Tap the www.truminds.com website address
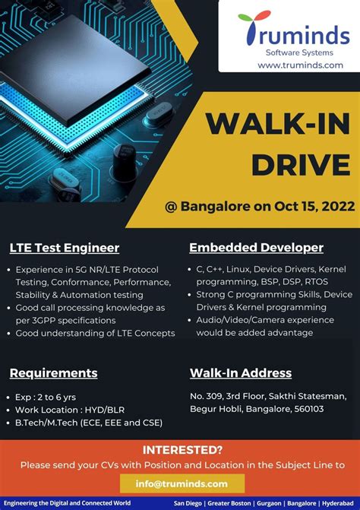[x=300, y=65]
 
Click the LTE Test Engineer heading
[x=64, y=248]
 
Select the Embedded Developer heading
[x=256, y=248]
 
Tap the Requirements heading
[x=53, y=373]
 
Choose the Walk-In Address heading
[x=240, y=373]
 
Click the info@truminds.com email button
[x=182, y=483]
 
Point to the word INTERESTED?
[x=182, y=449]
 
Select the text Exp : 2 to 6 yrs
[x=46, y=397]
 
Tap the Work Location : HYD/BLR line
[x=70, y=410]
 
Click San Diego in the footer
[x=190, y=503]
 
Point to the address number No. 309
[x=207, y=396]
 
